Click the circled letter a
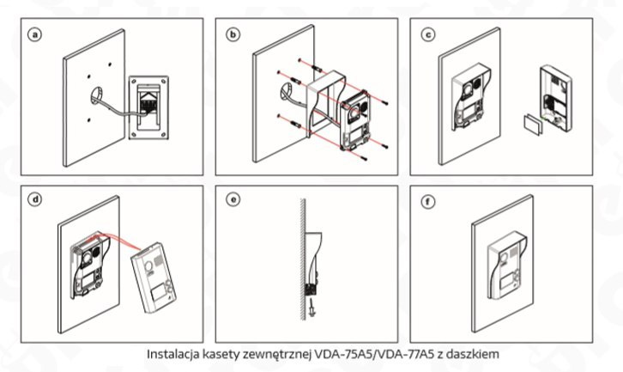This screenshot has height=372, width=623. [x=34, y=35]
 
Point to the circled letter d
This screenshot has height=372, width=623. [x=34, y=200]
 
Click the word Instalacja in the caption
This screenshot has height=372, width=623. [x=171, y=353]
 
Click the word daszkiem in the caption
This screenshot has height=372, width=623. [x=474, y=353]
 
